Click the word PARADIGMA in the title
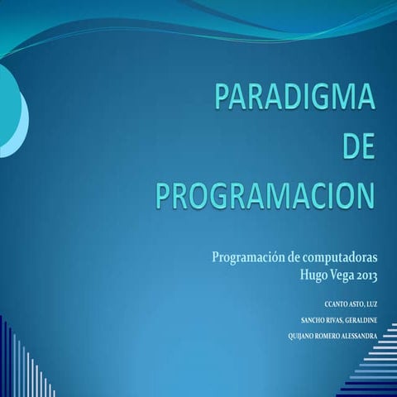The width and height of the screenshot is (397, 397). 295,98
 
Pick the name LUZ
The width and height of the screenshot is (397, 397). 371,304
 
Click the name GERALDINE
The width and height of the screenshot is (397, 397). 357,319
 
